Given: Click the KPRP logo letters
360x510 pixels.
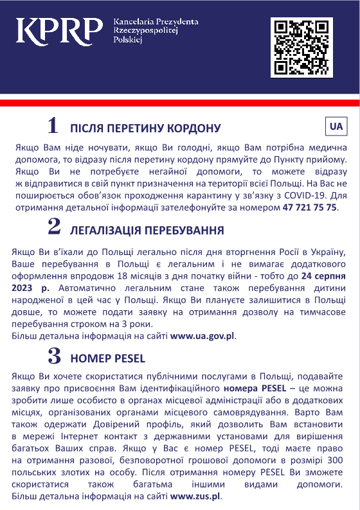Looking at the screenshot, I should coord(59,30).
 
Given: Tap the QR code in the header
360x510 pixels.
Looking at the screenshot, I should coord(301,48).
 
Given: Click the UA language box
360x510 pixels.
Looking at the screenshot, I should coord(336,127).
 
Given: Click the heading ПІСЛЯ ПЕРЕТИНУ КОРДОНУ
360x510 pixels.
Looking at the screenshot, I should coord(145,128).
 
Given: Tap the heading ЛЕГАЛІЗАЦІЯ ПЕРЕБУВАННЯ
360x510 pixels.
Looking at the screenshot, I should coord(147,230).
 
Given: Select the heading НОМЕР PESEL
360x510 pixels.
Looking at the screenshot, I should coord(108,358).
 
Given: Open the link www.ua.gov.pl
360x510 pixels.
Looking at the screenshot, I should coord(203,336).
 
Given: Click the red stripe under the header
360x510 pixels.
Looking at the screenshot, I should coord(180,103).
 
